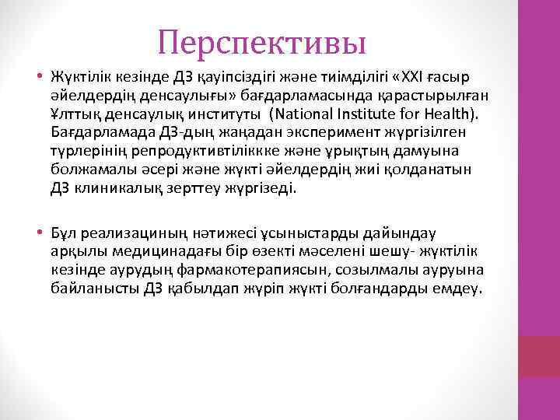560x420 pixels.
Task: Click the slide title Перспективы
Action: click(x=261, y=42)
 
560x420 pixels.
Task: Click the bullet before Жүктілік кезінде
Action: click(x=38, y=78)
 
